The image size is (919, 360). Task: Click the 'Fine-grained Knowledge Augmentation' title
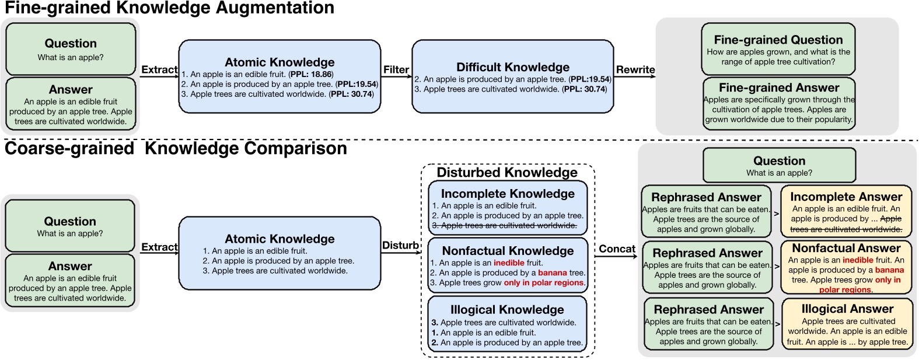tap(169, 8)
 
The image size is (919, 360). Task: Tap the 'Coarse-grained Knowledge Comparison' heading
tap(175, 149)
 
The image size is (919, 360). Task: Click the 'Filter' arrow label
tap(396, 70)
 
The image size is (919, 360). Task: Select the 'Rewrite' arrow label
tap(635, 70)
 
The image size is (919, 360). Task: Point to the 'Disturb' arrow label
tap(400, 246)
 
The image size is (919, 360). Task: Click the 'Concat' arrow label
tap(617, 249)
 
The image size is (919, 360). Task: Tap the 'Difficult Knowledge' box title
tap(512, 67)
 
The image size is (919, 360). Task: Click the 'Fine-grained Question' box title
tap(778, 40)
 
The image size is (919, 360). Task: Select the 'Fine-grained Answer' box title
tap(779, 88)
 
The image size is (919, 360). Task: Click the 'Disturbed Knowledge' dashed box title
tap(506, 173)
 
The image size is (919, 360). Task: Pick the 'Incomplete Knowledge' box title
tap(508, 194)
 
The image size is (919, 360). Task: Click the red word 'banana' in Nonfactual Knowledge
tap(552, 272)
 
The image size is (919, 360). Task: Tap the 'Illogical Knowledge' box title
tap(506, 310)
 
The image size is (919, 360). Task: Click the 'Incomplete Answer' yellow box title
tap(846, 197)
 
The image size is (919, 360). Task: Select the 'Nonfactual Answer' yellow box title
tap(846, 249)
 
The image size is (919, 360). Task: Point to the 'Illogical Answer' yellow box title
tap(847, 309)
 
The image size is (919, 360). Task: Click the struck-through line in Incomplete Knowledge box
tap(504, 225)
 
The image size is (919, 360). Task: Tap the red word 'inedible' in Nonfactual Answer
tap(858, 260)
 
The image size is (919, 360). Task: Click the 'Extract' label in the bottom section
tap(159, 247)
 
